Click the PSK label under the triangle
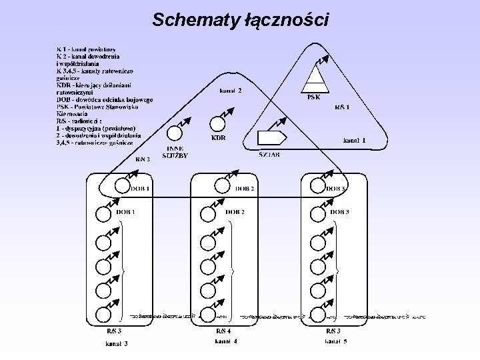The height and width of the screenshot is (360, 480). pyautogui.click(x=314, y=97)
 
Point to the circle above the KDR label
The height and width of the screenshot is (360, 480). pyautogui.click(x=217, y=125)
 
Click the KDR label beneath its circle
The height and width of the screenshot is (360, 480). pyautogui.click(x=218, y=138)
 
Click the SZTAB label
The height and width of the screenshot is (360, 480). pyautogui.click(x=269, y=154)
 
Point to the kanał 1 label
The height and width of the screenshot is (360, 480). pyautogui.click(x=355, y=141)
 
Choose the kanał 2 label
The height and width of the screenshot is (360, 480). pyautogui.click(x=231, y=90)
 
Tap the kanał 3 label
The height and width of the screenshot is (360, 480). pyautogui.click(x=116, y=344)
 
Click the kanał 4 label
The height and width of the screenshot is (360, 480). pyautogui.click(x=225, y=341)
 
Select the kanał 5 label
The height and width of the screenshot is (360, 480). pyautogui.click(x=336, y=342)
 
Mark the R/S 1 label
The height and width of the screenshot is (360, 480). pyautogui.click(x=343, y=107)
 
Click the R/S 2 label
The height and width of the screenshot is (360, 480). pyautogui.click(x=143, y=159)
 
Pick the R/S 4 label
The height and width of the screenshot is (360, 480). pyautogui.click(x=223, y=331)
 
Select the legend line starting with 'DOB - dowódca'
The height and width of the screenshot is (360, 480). pyautogui.click(x=105, y=99)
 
